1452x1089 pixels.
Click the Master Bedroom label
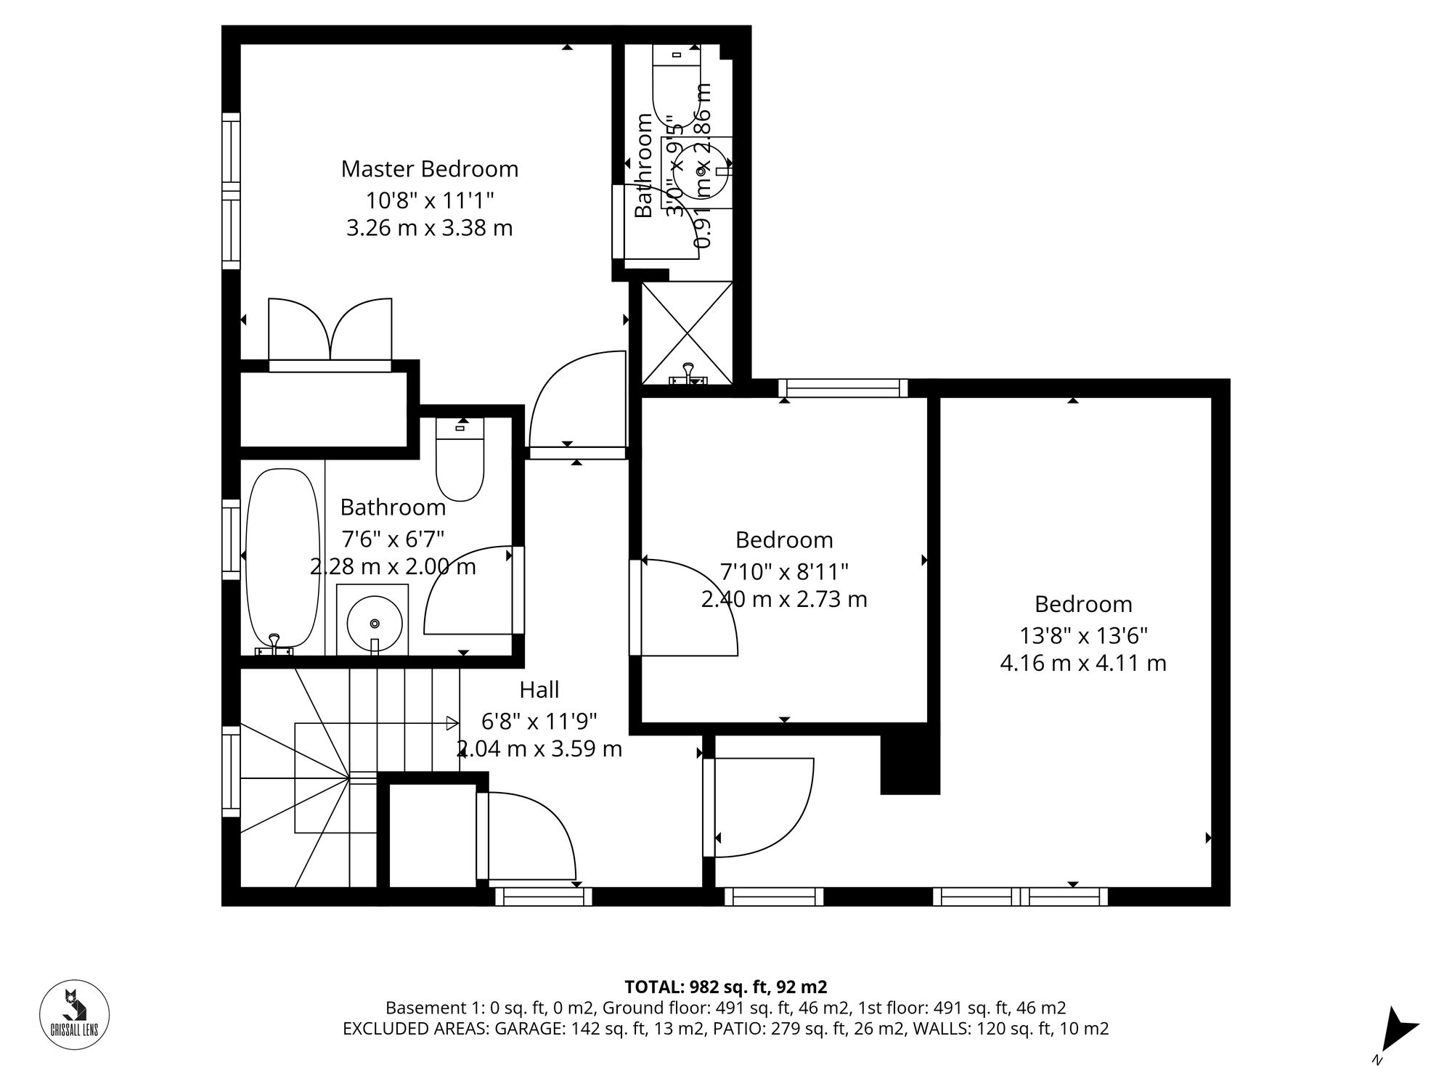point(429,169)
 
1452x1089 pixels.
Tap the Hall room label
point(539,689)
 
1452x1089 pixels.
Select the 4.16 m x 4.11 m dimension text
point(1082,664)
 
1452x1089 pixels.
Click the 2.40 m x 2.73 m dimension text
point(784,600)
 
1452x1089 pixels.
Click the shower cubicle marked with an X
point(687,332)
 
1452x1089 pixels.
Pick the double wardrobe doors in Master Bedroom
point(330,330)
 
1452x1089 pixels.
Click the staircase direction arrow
point(451,723)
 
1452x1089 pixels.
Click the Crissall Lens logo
point(74,1014)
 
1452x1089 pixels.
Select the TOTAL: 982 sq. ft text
point(725,987)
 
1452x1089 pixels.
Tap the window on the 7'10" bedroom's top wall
point(843,388)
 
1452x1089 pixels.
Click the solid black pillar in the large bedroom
point(910,766)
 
